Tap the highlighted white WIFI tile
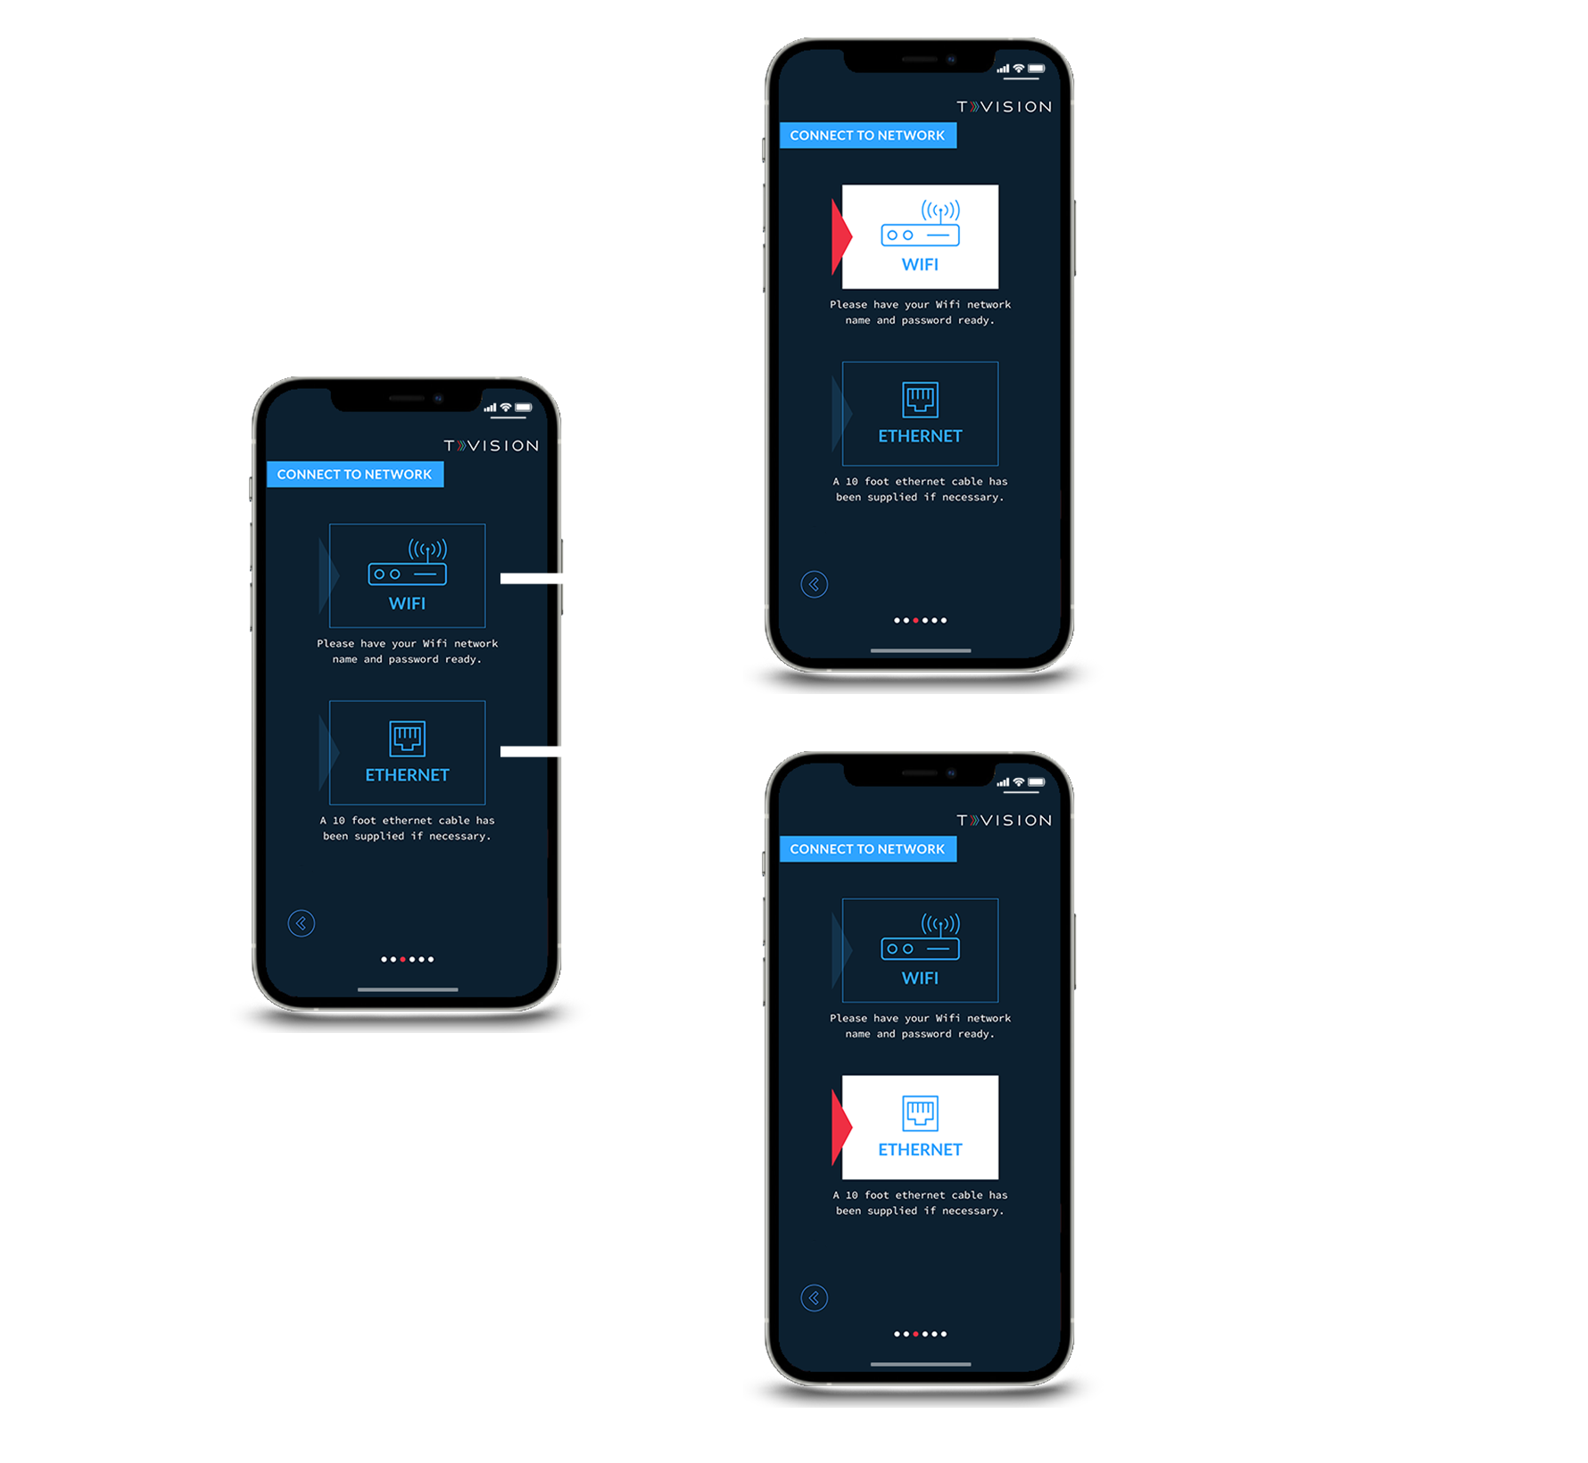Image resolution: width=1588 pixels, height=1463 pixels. coord(920,236)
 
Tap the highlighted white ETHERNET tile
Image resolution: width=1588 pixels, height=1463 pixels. coord(920,1127)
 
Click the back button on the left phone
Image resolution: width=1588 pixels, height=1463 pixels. coord(302,923)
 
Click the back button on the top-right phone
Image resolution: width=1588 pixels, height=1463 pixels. coord(815,584)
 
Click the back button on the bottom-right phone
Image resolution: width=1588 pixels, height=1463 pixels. coord(815,1298)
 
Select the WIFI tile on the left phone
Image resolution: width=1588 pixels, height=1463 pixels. coord(407,575)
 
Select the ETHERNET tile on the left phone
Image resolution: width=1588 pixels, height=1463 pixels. coord(407,752)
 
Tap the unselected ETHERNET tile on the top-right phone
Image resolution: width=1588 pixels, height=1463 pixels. coord(920,413)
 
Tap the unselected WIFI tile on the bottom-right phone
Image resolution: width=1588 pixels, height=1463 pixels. coord(920,950)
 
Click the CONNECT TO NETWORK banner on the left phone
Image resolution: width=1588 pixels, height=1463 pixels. coord(354,475)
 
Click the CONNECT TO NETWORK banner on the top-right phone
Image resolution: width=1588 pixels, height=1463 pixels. coord(867,136)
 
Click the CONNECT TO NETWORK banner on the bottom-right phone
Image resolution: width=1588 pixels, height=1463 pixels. coord(867,849)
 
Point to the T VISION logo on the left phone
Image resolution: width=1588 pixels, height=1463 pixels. coord(492,446)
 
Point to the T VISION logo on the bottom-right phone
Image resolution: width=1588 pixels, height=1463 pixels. coord(1005,821)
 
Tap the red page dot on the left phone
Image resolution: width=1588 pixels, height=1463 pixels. coord(403,960)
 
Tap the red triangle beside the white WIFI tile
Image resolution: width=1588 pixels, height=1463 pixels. coord(839,236)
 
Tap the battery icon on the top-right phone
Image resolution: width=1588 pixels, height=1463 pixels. coord(1037,69)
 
